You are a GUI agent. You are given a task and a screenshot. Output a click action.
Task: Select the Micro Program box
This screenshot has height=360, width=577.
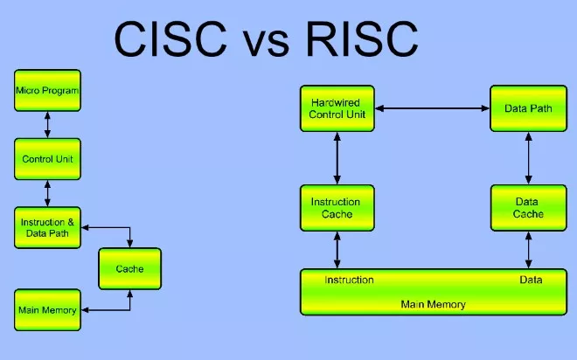point(47,91)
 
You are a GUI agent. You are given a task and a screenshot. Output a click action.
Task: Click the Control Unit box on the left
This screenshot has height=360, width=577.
point(47,160)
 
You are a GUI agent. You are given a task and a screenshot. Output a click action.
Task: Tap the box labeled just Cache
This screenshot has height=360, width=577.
point(129,269)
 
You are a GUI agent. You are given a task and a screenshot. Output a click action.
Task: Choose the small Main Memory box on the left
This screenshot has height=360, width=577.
point(47,310)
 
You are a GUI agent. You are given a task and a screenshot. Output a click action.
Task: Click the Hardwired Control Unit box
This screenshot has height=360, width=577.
point(337,108)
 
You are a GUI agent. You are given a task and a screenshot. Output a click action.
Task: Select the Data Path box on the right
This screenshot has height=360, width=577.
point(527,108)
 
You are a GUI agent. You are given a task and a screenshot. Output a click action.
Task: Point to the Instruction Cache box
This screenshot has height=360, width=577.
point(337,208)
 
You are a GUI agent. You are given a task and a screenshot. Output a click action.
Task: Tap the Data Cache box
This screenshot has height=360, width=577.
point(527,208)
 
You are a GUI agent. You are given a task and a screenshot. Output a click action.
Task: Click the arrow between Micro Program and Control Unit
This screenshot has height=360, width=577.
point(47,125)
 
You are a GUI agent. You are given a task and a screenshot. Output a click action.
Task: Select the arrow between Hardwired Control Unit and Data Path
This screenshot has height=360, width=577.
point(432,108)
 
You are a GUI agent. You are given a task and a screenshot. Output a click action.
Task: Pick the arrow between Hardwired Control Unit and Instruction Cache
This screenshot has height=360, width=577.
point(337,158)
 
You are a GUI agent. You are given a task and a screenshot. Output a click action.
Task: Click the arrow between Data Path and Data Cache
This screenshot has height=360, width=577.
point(527,158)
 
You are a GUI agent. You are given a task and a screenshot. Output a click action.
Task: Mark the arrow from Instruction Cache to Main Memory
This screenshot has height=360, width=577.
point(337,251)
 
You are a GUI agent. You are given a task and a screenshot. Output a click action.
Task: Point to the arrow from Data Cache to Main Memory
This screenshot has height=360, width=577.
point(527,251)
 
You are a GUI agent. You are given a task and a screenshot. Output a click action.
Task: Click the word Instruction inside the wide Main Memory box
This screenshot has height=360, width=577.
point(350,280)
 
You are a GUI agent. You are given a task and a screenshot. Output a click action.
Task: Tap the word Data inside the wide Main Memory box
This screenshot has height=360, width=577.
point(530,280)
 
